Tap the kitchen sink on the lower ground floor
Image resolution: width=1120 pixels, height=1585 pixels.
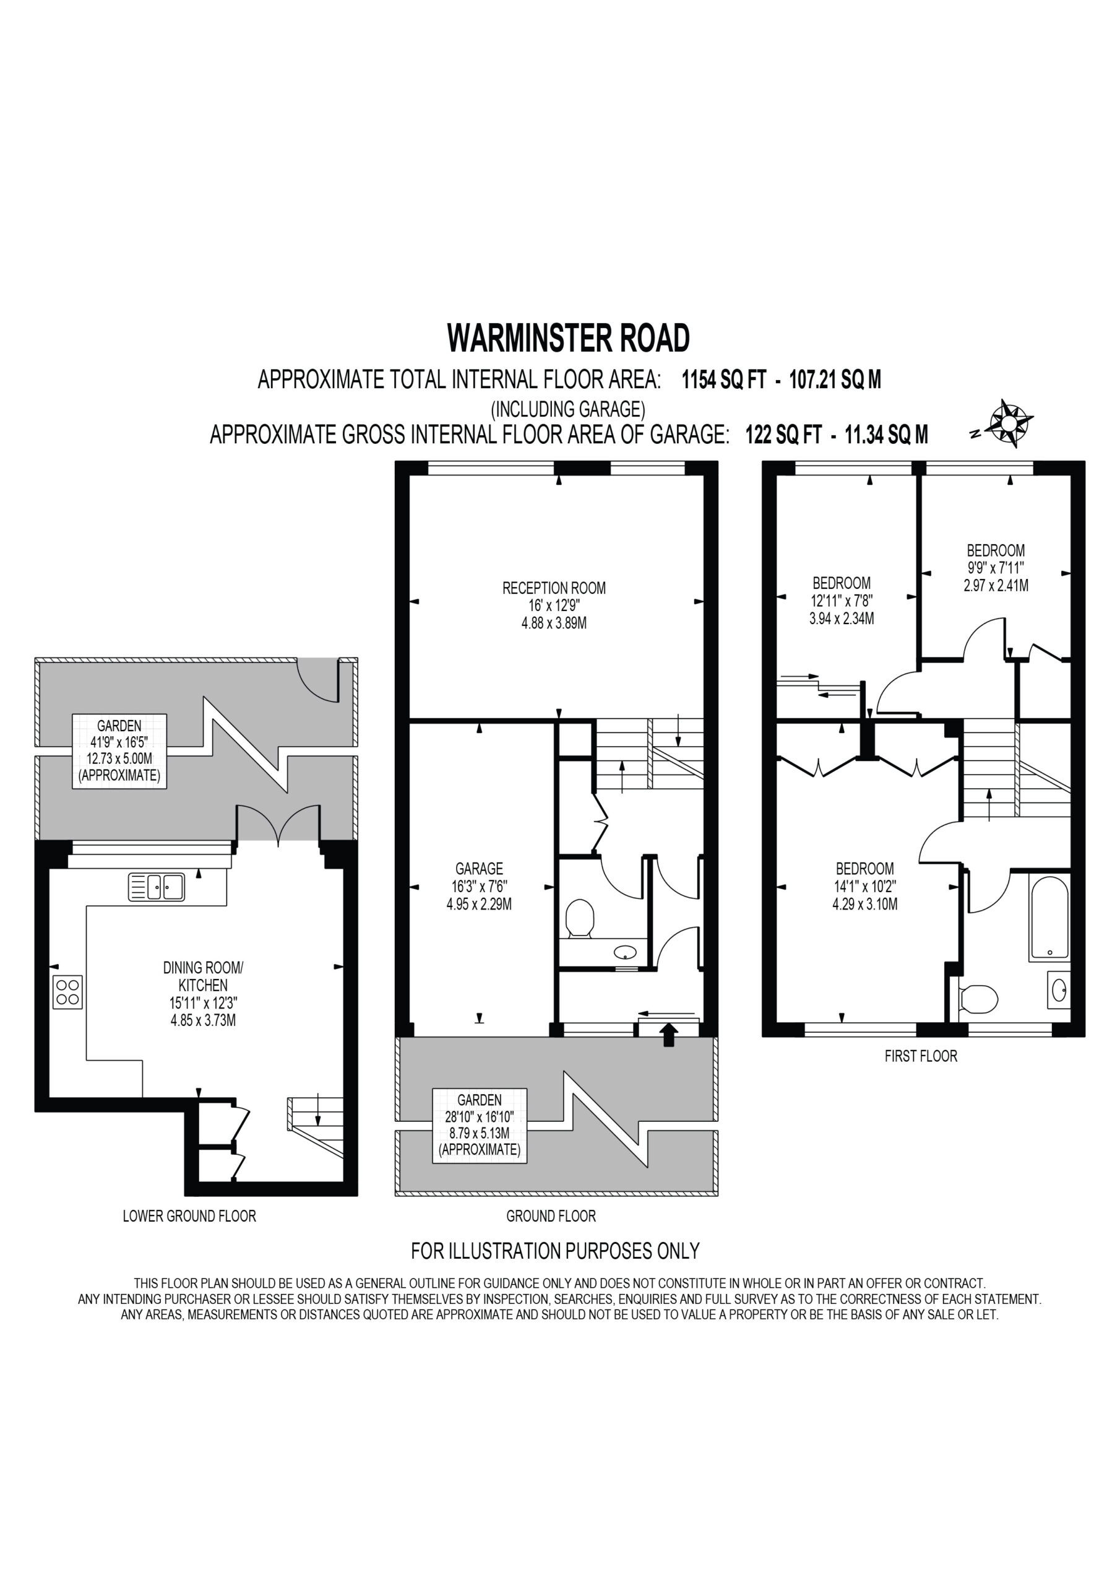(157, 887)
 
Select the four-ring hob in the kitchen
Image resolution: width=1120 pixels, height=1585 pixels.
(67, 992)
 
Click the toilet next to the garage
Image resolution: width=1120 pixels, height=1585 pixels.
(580, 918)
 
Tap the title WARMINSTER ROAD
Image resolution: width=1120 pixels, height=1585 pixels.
(569, 338)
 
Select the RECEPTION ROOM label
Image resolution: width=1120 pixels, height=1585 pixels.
(554, 588)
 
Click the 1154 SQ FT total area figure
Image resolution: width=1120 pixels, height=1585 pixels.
(724, 380)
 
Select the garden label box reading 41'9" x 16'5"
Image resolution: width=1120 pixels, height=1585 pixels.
(119, 751)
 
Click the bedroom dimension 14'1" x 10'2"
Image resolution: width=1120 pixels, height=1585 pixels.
(864, 887)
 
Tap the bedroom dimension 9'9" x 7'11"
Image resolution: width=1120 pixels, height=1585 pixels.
(996, 568)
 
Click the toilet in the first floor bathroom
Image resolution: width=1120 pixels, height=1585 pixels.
(978, 997)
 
